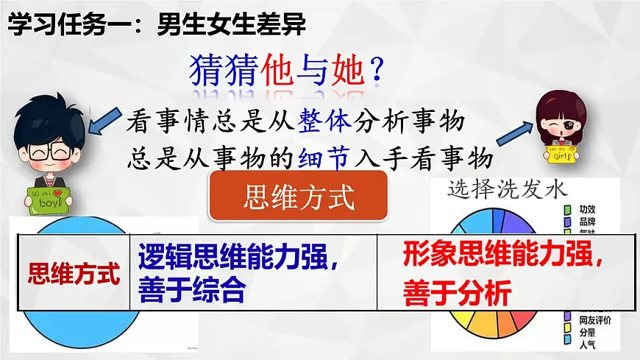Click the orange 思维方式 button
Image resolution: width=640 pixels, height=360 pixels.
tap(298, 197)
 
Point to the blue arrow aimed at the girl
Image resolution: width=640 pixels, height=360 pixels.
tap(515, 132)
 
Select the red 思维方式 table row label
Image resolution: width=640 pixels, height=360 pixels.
tap(73, 274)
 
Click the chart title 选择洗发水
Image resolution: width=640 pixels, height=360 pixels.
tap(508, 188)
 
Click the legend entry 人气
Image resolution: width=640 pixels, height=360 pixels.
tap(587, 341)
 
